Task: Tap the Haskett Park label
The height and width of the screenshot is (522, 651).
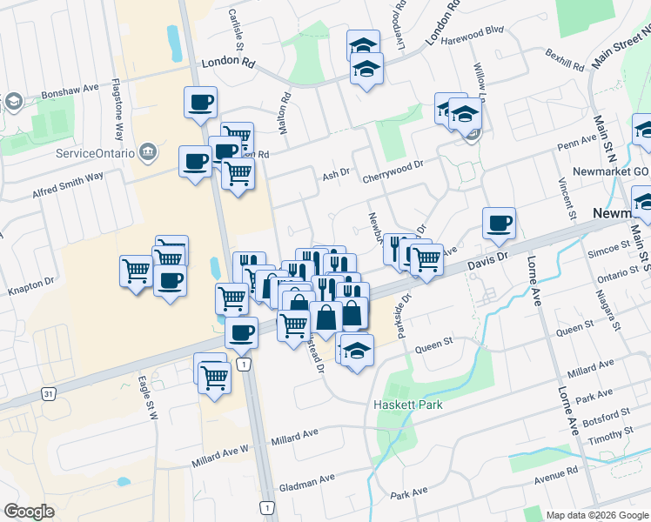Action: tap(407, 405)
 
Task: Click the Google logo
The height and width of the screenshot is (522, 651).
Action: tap(29, 512)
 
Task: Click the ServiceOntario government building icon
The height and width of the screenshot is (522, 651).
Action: tap(148, 153)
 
